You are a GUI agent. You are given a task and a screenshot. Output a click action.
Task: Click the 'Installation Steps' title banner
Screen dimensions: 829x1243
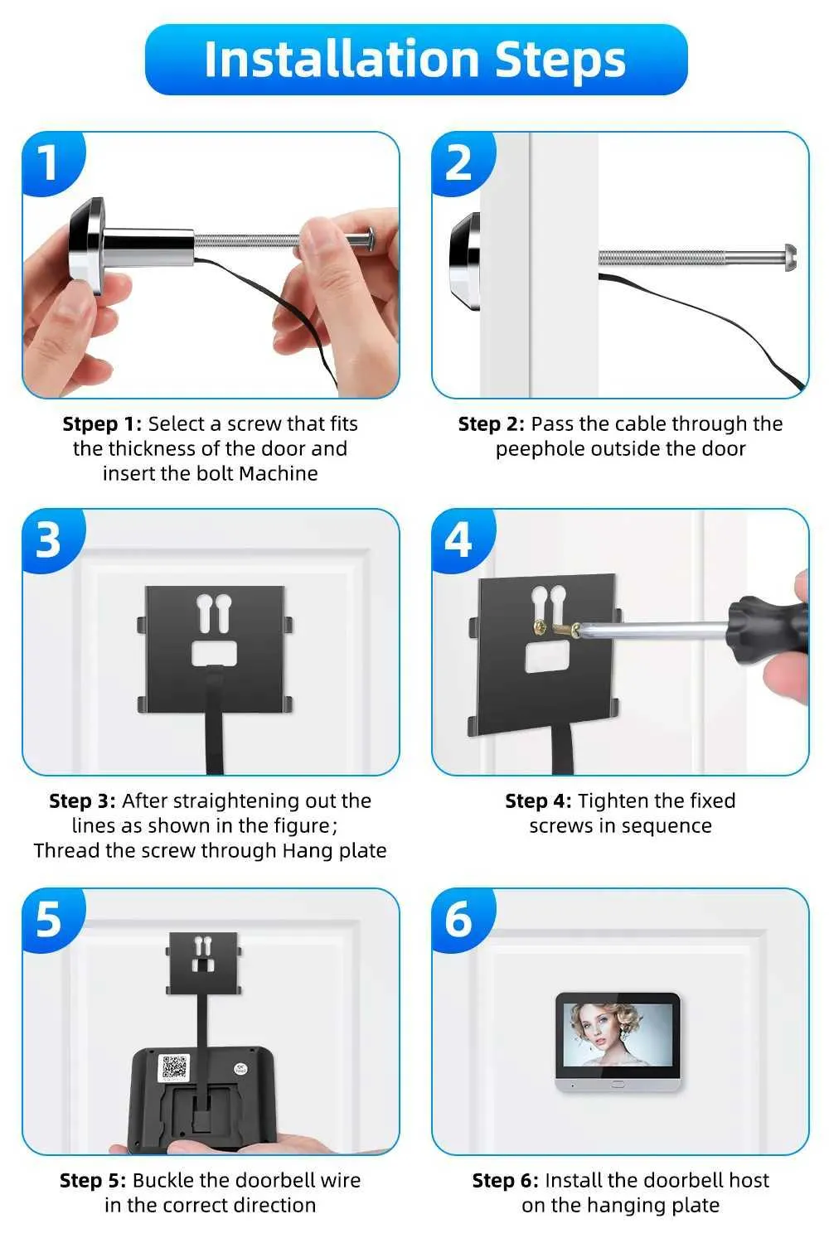point(416,60)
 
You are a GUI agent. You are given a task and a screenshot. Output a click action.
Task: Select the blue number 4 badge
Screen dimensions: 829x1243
point(462,540)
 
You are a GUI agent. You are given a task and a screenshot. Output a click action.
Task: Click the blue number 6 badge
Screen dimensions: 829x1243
point(462,920)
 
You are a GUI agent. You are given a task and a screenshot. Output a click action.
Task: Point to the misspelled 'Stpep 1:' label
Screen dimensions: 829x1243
point(102,424)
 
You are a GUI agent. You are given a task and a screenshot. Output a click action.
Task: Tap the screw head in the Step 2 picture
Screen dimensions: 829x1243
point(790,258)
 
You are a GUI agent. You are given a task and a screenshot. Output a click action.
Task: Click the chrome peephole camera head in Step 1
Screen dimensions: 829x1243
point(86,245)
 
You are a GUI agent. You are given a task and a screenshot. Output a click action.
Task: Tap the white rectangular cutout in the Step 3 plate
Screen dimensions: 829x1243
point(215,653)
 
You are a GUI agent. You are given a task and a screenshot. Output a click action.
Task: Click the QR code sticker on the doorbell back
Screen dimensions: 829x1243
point(174,1067)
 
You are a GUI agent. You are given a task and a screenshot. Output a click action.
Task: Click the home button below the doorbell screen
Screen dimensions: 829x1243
point(618,1084)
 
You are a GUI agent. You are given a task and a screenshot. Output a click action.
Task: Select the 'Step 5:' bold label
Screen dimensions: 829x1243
point(93,1180)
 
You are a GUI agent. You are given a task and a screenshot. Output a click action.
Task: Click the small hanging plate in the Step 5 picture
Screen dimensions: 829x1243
point(204,963)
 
